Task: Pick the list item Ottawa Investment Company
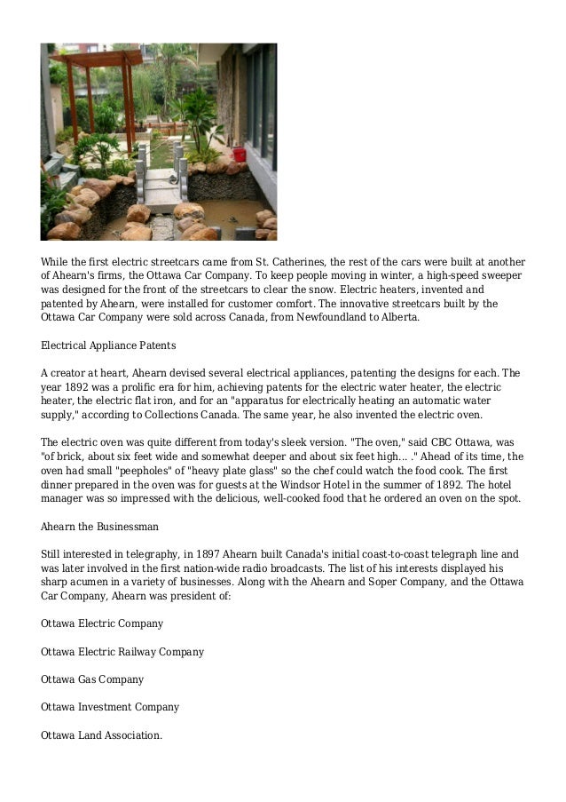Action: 110,707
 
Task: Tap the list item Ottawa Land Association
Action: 102,735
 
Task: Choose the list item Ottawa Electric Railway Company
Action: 122,652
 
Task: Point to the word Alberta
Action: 397,317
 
